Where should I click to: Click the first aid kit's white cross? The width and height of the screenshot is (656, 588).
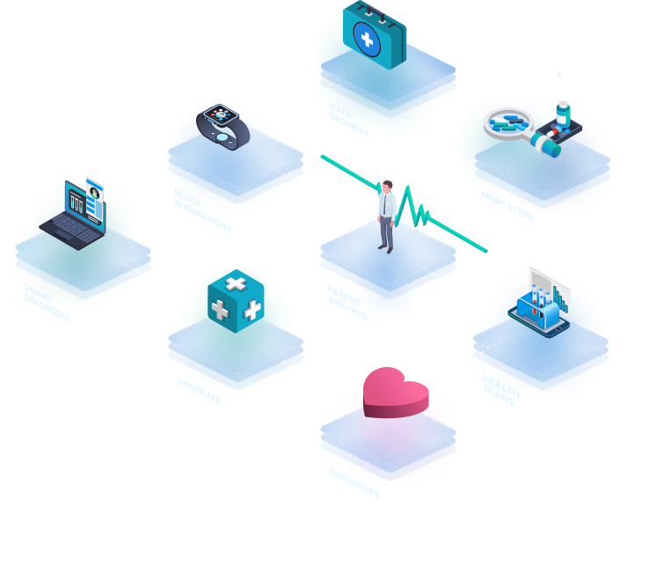[x=368, y=38]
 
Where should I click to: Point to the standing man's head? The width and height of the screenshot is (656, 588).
[x=387, y=187]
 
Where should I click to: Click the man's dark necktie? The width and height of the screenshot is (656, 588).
[x=386, y=206]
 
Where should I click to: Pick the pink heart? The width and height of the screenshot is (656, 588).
[x=395, y=392]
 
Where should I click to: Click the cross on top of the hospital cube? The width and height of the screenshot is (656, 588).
[x=235, y=283]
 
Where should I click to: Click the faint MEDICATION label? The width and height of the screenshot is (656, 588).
[x=506, y=208]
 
